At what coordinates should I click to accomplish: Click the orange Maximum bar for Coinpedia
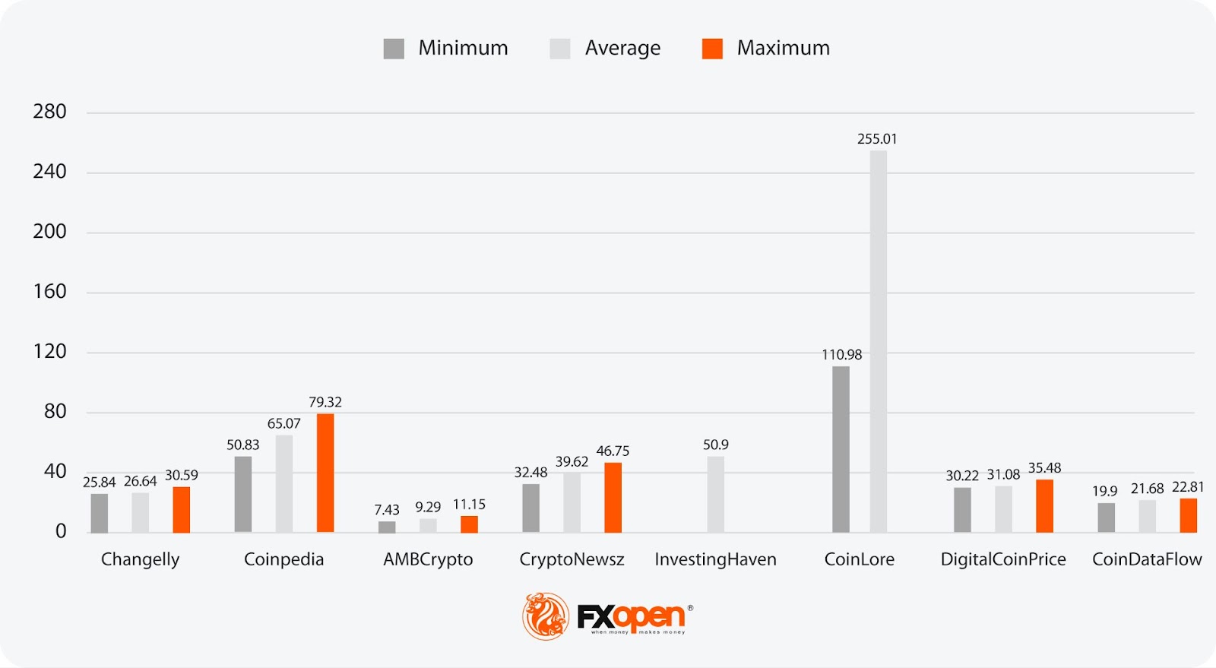click(x=325, y=473)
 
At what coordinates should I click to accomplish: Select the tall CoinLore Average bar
click(x=879, y=341)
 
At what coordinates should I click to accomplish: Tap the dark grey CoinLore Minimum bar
click(x=841, y=449)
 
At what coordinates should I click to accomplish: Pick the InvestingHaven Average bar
click(x=715, y=494)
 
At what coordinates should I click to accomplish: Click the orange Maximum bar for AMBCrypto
click(x=469, y=524)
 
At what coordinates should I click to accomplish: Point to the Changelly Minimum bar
click(x=100, y=513)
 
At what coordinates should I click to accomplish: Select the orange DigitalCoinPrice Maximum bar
click(x=1044, y=505)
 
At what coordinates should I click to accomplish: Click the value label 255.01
click(x=877, y=139)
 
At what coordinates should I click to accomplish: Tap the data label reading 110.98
click(x=841, y=355)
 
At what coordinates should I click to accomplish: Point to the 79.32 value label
click(x=325, y=402)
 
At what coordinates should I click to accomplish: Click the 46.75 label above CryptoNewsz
click(x=613, y=451)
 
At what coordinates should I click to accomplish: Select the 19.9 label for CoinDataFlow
click(x=1104, y=491)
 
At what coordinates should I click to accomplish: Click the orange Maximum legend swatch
click(x=712, y=49)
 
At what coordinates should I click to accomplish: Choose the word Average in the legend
click(x=622, y=48)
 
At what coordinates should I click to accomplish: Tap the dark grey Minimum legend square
click(x=394, y=49)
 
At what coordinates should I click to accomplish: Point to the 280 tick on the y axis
click(x=49, y=112)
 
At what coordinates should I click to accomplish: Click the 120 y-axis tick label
click(x=49, y=351)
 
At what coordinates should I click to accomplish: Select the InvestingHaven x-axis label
click(x=715, y=559)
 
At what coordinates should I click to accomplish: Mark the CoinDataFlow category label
click(x=1147, y=559)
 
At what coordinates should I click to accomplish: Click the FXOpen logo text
click(x=631, y=616)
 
